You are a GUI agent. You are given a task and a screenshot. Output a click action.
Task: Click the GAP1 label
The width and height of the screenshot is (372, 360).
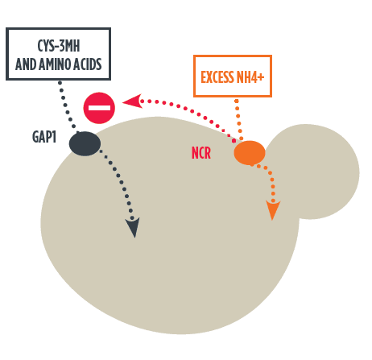point(44,137)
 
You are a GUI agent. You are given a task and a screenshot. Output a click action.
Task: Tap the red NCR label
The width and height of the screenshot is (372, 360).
point(201,153)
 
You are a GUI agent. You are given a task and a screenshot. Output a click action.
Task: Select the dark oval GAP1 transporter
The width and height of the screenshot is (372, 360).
point(85,143)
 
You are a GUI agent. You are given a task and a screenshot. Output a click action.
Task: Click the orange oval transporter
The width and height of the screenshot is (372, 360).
point(250,153)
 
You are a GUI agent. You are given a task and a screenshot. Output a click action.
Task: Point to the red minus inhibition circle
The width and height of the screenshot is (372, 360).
point(99,108)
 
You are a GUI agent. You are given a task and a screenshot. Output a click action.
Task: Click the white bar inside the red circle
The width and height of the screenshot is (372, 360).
point(99,108)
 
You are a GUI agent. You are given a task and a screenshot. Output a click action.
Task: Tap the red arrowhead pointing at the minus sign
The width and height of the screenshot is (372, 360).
point(132,101)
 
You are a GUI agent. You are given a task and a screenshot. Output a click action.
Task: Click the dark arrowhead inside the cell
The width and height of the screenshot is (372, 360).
point(133,227)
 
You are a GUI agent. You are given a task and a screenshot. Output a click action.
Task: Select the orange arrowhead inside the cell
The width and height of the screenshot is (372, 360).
point(273,210)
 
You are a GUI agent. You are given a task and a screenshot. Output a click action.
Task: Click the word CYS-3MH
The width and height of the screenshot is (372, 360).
point(59,46)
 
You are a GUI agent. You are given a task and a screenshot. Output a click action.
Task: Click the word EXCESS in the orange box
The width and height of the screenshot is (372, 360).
point(217,77)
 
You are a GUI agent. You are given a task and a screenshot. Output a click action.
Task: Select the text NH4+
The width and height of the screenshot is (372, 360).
point(250,77)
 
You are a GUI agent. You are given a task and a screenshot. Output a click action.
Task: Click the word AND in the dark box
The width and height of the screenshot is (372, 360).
point(27,64)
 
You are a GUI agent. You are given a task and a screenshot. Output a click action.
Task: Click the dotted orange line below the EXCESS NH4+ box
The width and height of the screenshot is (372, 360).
point(239,119)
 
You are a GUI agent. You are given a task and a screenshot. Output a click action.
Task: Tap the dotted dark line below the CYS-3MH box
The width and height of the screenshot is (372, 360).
point(67,107)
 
